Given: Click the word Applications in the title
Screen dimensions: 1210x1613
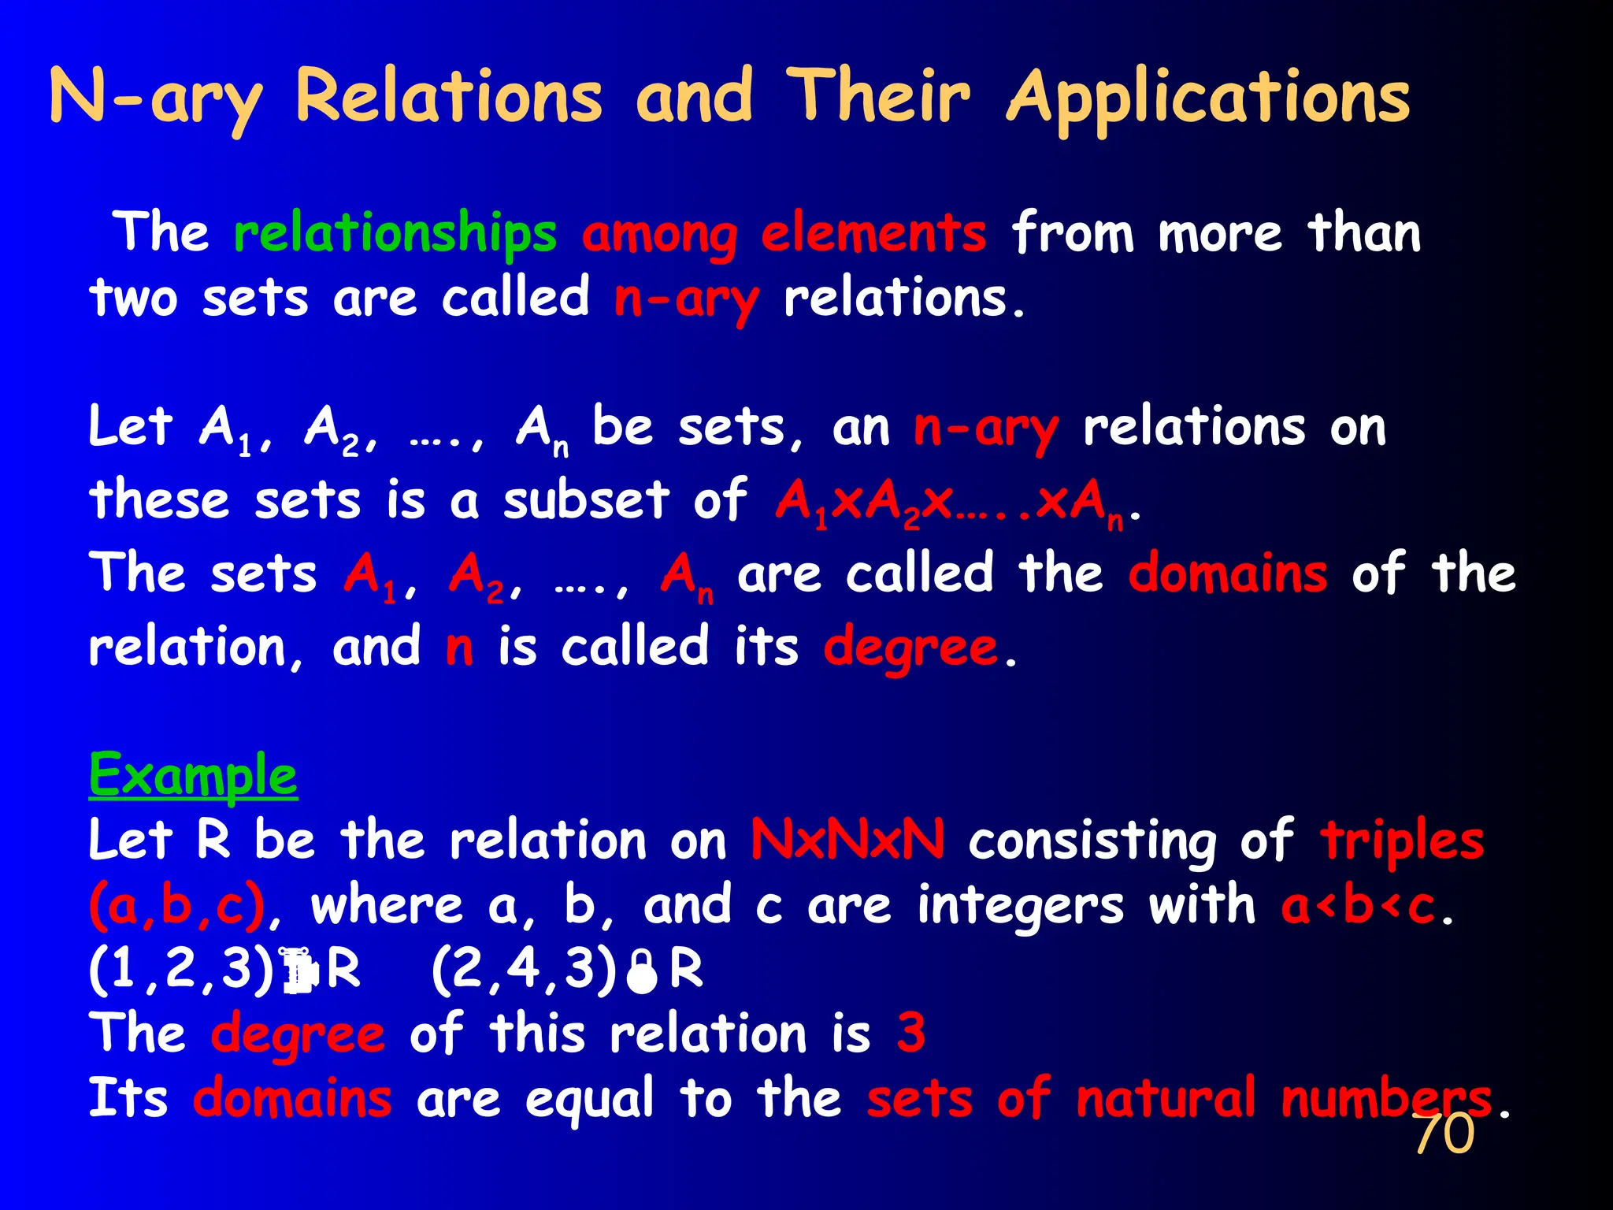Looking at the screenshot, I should pos(1209,98).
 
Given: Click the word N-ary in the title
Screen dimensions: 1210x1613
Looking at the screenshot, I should pos(156,98).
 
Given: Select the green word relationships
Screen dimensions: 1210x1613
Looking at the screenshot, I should pos(395,233).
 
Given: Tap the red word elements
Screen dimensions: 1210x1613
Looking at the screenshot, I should pos(873,233).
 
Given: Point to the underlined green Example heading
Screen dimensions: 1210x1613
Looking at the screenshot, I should pos(193,776).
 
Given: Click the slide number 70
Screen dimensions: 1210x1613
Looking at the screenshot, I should pos(1444,1134).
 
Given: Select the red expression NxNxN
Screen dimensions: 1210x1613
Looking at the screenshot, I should pos(847,840).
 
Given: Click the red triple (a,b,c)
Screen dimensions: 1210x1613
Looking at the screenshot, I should pos(176,906).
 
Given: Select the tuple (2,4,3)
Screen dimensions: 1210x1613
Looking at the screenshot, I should pos(524,969).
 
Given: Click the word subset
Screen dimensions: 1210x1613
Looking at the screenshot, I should pos(586,499).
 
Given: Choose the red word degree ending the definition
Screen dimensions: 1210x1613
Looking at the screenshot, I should pos(910,648).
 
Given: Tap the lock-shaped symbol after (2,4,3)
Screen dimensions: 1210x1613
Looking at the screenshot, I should pos(642,972).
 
